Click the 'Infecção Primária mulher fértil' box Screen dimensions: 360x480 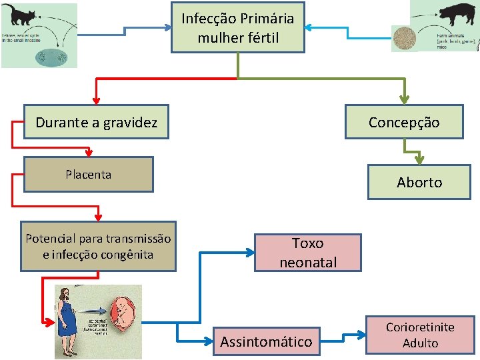(x=238, y=27)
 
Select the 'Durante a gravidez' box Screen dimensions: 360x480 (x=96, y=122)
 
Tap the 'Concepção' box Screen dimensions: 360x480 (x=404, y=122)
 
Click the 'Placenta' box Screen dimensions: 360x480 (x=89, y=175)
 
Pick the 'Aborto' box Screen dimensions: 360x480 (x=419, y=182)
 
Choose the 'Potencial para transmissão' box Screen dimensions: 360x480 (x=98, y=247)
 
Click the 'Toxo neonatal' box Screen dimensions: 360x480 (x=308, y=253)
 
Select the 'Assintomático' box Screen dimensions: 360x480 (x=266, y=341)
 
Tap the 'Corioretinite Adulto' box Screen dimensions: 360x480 (x=420, y=335)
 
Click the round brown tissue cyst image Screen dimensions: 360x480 (x=403, y=38)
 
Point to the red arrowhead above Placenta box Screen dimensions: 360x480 (x=89, y=153)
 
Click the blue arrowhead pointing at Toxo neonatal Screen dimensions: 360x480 (x=250, y=253)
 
